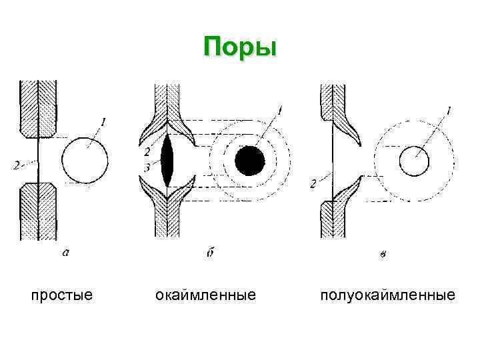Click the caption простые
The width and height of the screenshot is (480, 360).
click(x=62, y=294)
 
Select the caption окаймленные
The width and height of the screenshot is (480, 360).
click(x=205, y=294)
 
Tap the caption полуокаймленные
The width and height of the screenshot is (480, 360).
click(x=388, y=294)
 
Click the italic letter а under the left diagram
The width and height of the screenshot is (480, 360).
click(x=65, y=253)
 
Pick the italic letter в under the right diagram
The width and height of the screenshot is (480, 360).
click(x=381, y=253)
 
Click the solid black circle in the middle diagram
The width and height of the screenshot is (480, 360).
click(x=250, y=161)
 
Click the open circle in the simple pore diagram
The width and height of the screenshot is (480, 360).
click(x=85, y=161)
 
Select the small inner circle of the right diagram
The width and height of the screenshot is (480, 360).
click(x=415, y=161)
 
